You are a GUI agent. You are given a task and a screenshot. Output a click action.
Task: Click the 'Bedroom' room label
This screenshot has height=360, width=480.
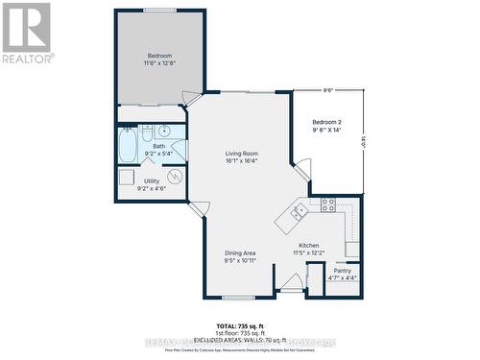click(159, 56)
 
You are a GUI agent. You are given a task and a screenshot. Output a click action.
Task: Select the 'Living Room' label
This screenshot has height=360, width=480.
click(241, 154)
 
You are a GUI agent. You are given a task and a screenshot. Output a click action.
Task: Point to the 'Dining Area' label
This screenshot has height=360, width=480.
click(241, 253)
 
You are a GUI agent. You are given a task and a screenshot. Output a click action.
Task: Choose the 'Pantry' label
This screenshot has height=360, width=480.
click(342, 271)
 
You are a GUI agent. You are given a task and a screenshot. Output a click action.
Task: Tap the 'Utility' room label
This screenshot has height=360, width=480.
click(152, 180)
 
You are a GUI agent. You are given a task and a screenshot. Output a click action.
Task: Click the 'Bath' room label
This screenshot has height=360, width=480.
click(158, 146)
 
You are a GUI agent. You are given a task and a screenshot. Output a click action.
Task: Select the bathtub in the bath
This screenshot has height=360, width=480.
click(127, 147)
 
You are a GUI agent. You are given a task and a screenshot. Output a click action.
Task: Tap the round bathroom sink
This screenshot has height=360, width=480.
click(164, 131)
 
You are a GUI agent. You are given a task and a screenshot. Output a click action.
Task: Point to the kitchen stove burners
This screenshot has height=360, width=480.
click(327, 204)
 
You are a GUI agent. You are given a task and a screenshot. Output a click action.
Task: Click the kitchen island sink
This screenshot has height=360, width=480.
click(300, 210)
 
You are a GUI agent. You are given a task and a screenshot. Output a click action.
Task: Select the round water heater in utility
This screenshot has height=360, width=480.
click(175, 177)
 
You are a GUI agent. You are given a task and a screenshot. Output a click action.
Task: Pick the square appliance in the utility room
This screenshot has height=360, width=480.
click(127, 178)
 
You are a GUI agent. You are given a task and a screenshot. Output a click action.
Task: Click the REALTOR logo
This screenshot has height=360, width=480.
click(27, 33)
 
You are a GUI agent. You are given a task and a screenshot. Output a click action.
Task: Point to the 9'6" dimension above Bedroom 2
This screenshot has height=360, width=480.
click(327, 90)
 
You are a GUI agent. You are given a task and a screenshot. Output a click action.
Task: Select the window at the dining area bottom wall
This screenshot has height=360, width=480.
click(238, 297)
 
